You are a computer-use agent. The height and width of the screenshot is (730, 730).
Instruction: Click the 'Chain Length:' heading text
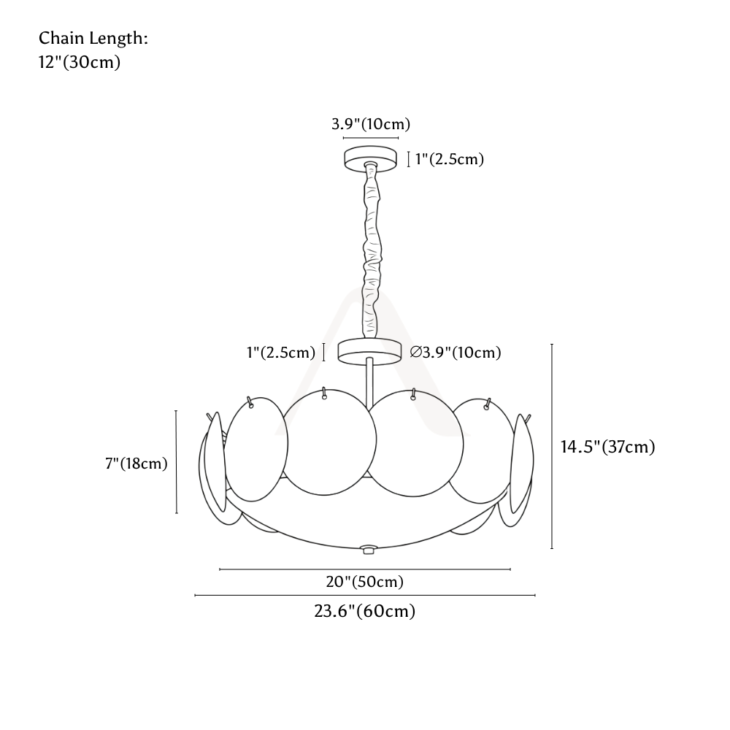click(93, 38)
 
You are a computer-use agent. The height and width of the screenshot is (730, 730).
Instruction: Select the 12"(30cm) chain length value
click(79, 62)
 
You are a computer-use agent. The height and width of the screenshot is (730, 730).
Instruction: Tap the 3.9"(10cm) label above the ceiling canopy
click(371, 124)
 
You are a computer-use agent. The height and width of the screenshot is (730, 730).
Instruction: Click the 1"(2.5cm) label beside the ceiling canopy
click(449, 159)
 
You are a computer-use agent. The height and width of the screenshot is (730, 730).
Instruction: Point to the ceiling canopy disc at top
click(371, 158)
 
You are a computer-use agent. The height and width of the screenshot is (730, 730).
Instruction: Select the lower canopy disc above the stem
click(369, 351)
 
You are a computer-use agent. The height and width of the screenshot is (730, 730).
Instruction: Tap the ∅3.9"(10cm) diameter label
click(456, 353)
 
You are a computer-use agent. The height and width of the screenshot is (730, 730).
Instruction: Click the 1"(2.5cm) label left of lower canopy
click(281, 353)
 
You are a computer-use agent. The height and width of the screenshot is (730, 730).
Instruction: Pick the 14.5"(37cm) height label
click(607, 447)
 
